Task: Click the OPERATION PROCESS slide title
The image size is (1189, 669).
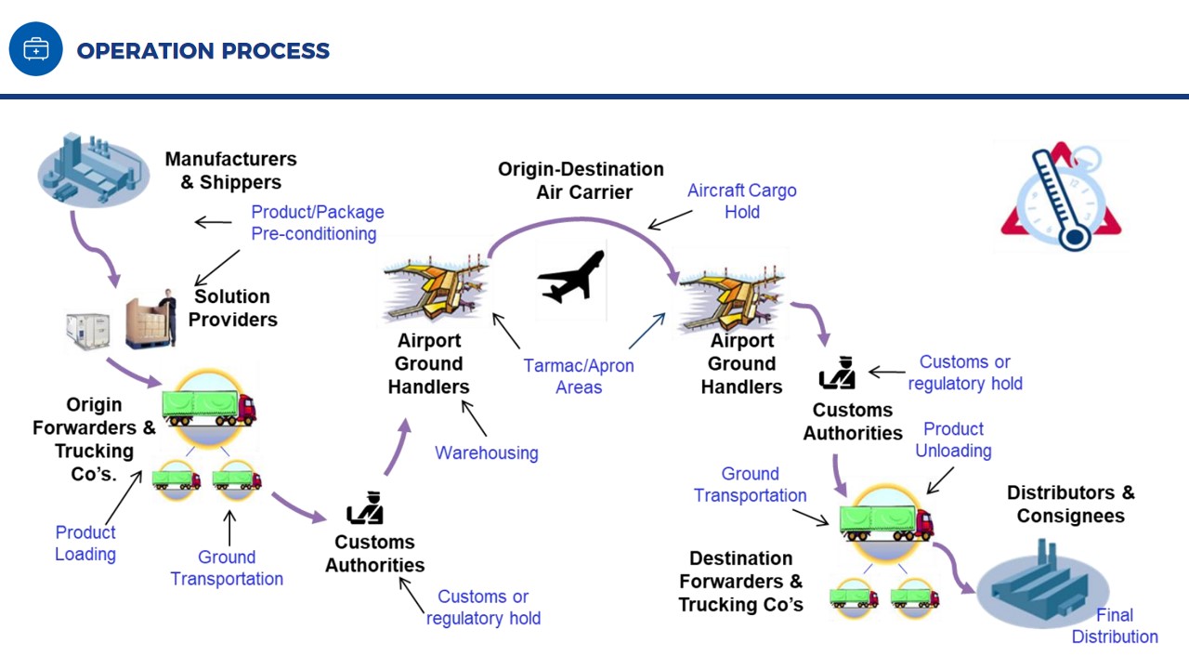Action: coord(203,51)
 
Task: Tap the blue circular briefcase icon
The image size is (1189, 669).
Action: coord(35,49)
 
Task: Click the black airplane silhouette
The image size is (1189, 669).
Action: coord(571,277)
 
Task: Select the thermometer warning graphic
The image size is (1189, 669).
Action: coord(1062,195)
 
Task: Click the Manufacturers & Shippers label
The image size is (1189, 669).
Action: coord(231,170)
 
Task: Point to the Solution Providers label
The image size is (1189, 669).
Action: coord(232,308)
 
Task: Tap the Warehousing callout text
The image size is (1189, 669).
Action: coord(486,453)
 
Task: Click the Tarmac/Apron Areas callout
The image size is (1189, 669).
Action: coord(579,376)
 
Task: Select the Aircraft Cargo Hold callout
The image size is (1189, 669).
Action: coord(742,201)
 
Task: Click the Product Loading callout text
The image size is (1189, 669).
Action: coord(85,544)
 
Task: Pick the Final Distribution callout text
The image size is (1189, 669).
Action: coord(1115,625)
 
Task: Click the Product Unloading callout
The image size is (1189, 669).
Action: coord(953,439)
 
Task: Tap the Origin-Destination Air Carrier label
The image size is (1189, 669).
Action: coord(581,180)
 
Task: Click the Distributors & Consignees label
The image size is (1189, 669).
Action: coord(1071,504)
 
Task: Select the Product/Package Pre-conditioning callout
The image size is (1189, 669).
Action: coord(318,222)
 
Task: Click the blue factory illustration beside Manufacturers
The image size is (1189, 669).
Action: coord(94,169)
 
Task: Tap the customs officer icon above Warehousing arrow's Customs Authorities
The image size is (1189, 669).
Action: coord(365,507)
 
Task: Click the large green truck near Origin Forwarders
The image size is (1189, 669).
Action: coord(209,408)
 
